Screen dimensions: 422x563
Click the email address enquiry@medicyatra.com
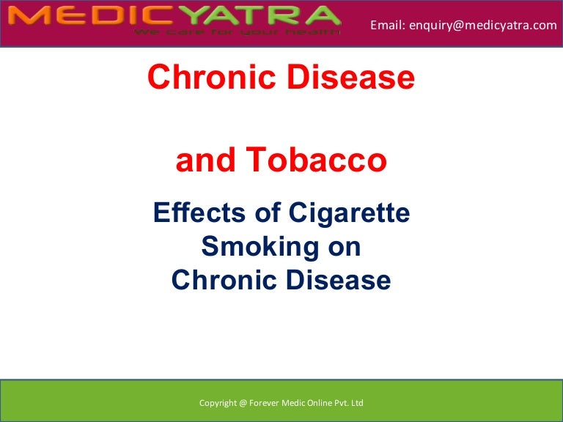(483, 25)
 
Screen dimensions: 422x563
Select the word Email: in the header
(388, 25)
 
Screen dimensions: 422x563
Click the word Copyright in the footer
(218, 404)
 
